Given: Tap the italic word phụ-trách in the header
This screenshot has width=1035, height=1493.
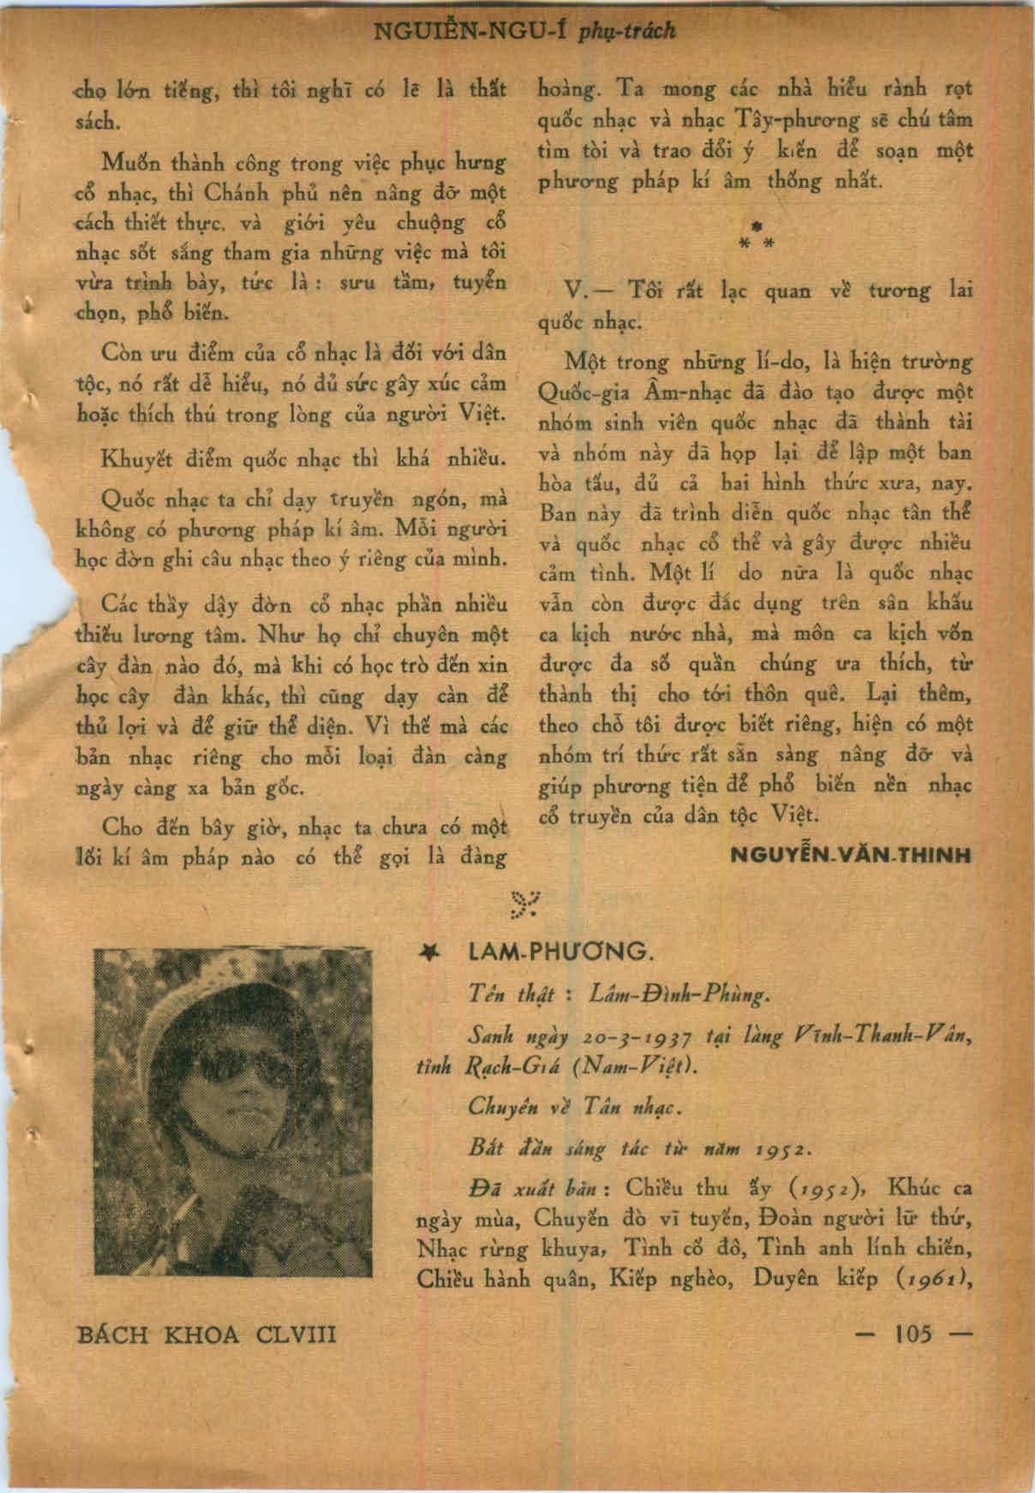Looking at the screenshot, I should tap(628, 32).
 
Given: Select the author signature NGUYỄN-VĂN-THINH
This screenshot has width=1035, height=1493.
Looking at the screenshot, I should tap(851, 854).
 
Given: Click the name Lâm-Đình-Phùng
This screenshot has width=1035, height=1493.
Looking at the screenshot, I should tap(680, 995).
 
